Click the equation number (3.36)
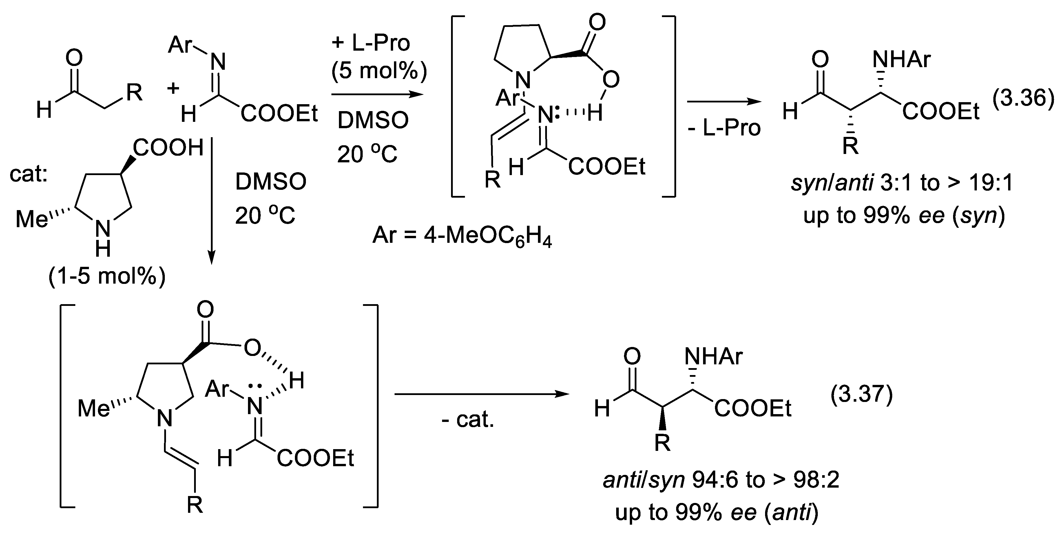[x=1022, y=99]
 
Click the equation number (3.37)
[x=861, y=395]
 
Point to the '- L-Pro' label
[x=724, y=128]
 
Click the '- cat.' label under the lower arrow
[x=468, y=420]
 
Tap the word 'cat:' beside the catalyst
[x=28, y=174]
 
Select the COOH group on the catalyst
[x=168, y=148]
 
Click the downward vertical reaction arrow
[x=211, y=202]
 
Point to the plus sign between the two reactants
[x=173, y=88]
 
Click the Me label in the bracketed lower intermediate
[x=94, y=409]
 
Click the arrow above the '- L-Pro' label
[x=724, y=100]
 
